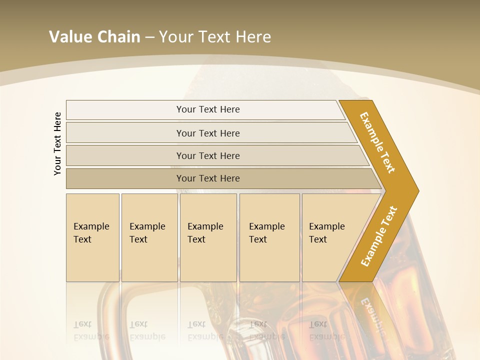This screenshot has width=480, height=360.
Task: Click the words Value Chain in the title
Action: coord(94,37)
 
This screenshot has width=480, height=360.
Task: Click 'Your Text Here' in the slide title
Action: coord(215,37)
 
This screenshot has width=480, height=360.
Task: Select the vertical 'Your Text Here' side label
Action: coord(58,144)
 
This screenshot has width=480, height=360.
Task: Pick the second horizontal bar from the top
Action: coord(208,133)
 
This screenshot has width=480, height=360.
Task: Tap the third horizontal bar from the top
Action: coord(208,155)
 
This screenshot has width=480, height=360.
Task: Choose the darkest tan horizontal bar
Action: coord(208,178)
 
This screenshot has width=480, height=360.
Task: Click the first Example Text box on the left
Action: coord(92,237)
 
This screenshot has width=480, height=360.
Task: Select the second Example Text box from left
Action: coord(149,237)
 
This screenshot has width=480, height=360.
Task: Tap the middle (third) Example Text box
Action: coord(208,237)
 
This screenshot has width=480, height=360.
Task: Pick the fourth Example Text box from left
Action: coord(269,237)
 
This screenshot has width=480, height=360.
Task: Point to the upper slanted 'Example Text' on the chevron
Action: coord(377,142)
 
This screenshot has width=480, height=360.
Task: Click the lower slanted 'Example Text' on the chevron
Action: coord(378,236)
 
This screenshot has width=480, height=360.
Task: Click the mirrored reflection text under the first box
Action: coord(91,330)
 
